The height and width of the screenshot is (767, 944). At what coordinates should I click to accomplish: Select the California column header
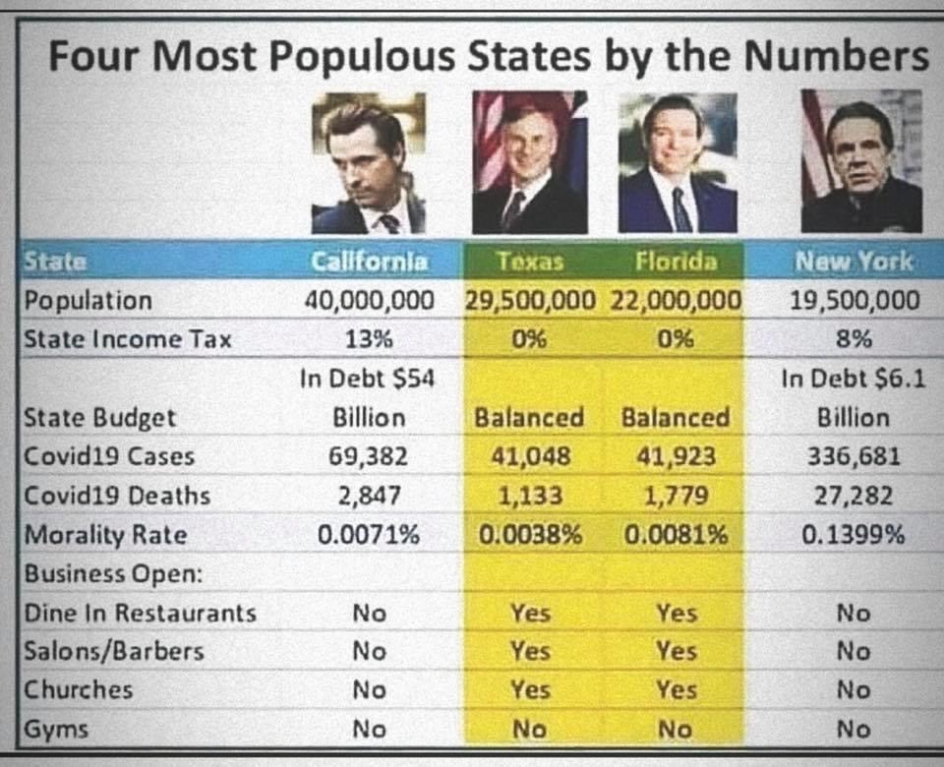(x=370, y=262)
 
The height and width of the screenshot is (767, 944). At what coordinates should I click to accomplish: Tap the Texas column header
(x=530, y=262)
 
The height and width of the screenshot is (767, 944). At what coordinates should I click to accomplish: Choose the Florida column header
(x=676, y=262)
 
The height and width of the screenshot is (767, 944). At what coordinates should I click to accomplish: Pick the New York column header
(x=853, y=262)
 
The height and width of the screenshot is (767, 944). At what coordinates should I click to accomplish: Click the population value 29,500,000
(x=530, y=301)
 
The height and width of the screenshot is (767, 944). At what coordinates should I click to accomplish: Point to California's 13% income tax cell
(x=370, y=339)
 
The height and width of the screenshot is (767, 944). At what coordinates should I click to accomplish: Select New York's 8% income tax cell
(x=853, y=339)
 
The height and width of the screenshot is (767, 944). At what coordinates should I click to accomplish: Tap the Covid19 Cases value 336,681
(x=853, y=456)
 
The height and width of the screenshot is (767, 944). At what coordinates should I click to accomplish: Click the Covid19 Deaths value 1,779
(x=676, y=496)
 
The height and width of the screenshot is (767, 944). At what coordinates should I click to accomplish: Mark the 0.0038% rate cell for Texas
(x=530, y=535)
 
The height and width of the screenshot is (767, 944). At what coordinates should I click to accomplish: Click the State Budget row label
(x=99, y=418)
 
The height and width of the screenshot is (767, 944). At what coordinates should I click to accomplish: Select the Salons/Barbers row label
(x=114, y=651)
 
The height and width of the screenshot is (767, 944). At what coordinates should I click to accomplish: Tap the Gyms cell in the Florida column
(x=676, y=730)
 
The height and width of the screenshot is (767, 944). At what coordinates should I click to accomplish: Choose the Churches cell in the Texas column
(x=530, y=690)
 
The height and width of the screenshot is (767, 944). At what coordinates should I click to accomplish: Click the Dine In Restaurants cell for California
(x=370, y=613)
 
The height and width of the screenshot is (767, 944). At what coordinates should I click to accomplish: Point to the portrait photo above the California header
(x=369, y=162)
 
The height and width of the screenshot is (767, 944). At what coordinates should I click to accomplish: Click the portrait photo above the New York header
(x=861, y=162)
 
